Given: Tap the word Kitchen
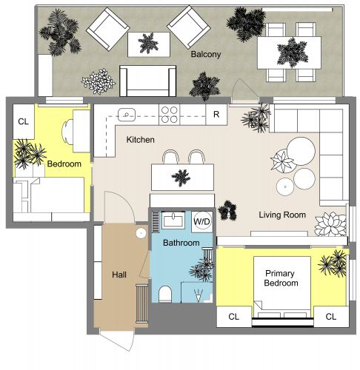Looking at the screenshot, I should click(140, 140).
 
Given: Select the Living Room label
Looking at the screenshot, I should click(282, 215).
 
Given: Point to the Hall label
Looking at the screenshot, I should click(119, 275).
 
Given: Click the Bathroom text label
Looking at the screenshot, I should click(181, 243).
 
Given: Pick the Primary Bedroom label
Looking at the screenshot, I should click(281, 278).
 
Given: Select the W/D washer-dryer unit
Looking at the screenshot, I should click(202, 221).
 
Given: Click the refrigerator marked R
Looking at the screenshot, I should click(216, 114).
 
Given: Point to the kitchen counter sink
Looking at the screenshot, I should click(127, 115).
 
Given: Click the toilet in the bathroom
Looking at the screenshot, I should click(164, 295).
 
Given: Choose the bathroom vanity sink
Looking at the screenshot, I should click(175, 220).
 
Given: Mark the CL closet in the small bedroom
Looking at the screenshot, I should click(23, 121).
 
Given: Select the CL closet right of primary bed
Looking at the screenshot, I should click(330, 317).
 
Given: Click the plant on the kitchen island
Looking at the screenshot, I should click(180, 177).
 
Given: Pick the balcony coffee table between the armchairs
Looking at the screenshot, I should click(147, 43).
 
